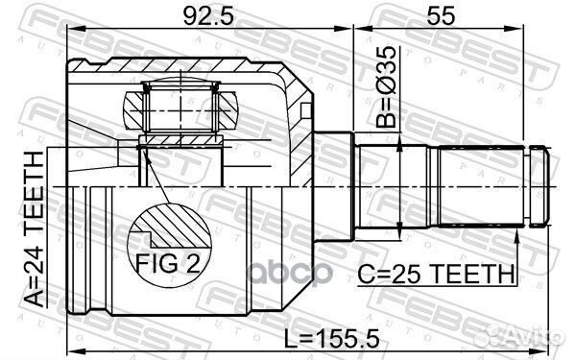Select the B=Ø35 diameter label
click(387, 86)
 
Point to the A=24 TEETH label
click(35, 228)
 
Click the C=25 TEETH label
click(436, 274)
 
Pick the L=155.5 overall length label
click(332, 338)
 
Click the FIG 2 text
click(168, 263)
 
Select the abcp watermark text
click(291, 273)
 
